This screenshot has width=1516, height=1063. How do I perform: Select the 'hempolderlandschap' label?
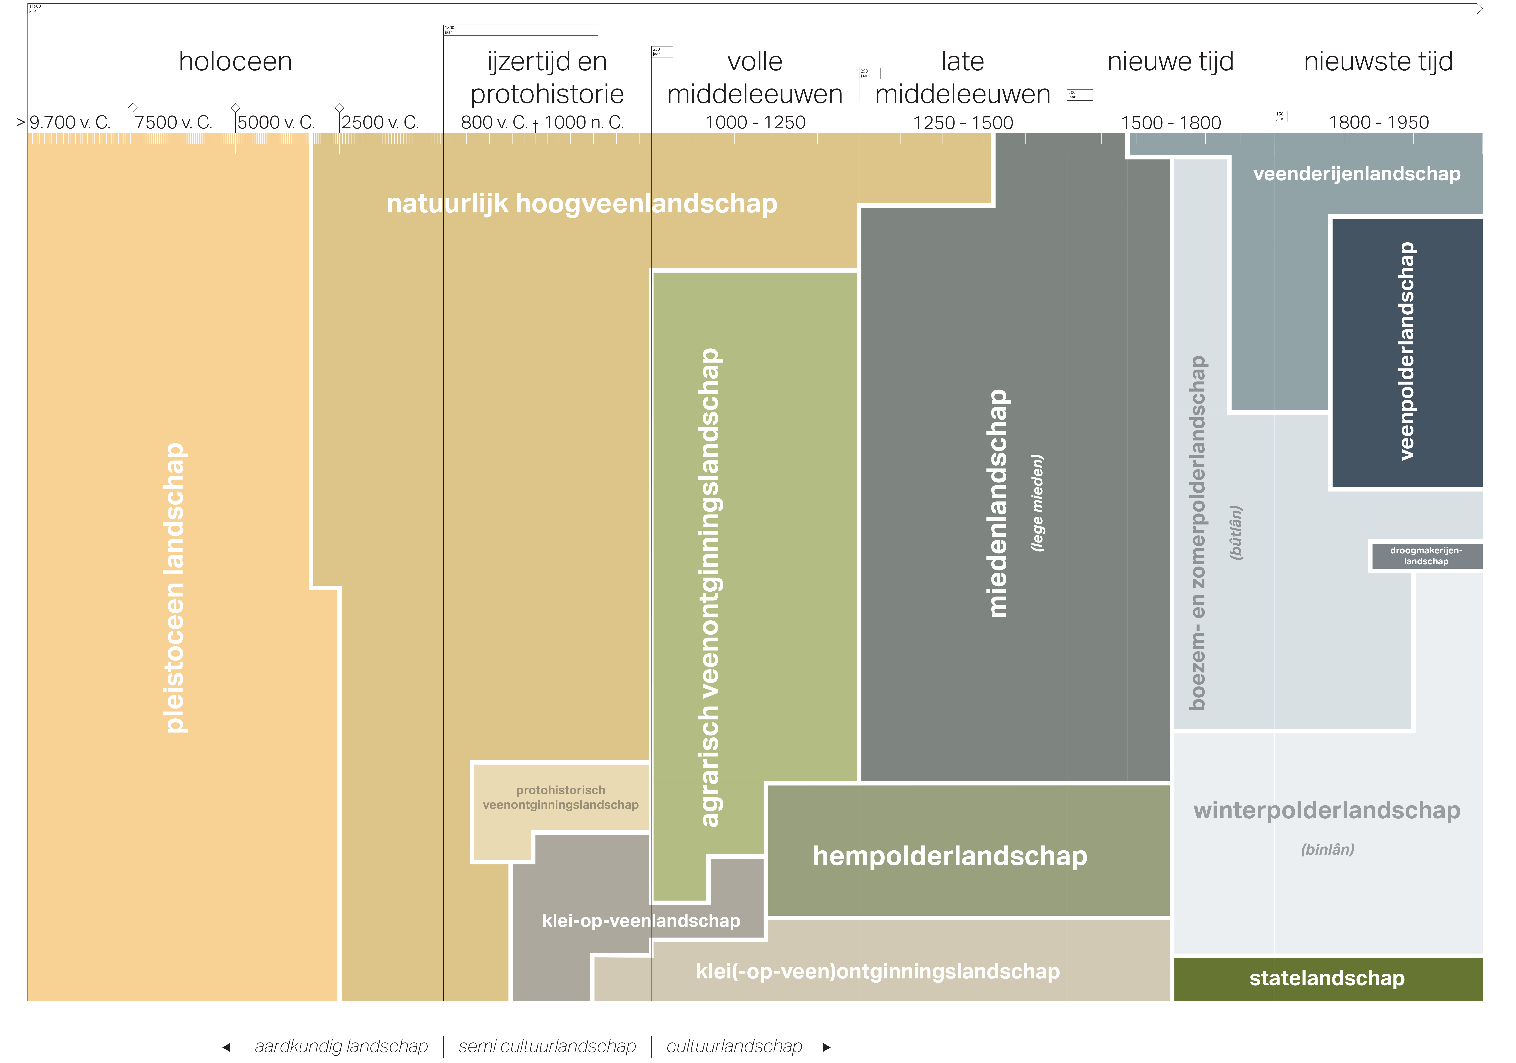(x=949, y=856)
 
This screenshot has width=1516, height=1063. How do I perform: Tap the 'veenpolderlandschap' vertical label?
(x=1406, y=351)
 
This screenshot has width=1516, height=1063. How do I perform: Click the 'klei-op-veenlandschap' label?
(x=640, y=921)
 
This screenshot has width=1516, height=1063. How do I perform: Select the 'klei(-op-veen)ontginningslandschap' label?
(x=878, y=972)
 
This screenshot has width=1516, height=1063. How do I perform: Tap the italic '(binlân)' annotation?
(x=1327, y=850)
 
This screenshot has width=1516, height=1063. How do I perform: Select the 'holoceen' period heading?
(x=235, y=61)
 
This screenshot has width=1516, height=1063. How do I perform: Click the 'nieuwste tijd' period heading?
(x=1378, y=61)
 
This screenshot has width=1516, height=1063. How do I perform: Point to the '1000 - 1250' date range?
(x=755, y=123)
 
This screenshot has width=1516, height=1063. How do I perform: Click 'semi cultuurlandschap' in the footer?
(x=547, y=1046)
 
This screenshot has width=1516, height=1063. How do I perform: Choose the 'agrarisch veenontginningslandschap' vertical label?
(x=710, y=588)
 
